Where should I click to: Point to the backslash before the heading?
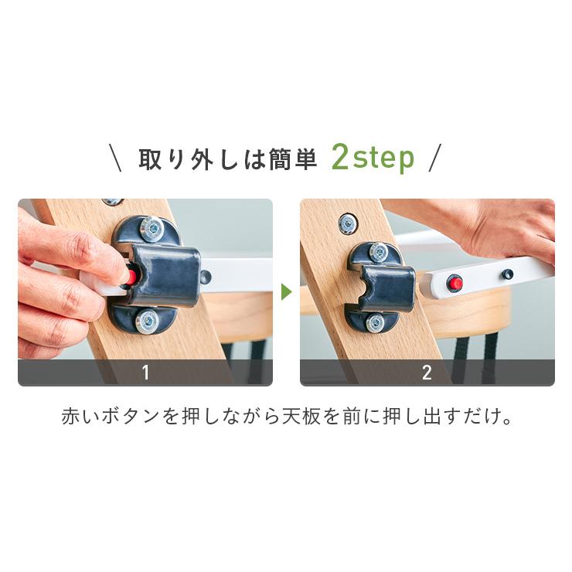pyautogui.click(x=118, y=158)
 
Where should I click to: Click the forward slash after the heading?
pyautogui.click(x=434, y=158)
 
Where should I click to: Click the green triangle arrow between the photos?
pyautogui.click(x=286, y=292)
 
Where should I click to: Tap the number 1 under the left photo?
pyautogui.click(x=145, y=373)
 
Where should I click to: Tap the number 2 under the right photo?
pyautogui.click(x=427, y=373)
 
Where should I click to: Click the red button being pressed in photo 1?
pyautogui.click(x=131, y=276)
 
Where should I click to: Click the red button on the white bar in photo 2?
pyautogui.click(x=455, y=283)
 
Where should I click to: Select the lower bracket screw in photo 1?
pyautogui.click(x=147, y=321)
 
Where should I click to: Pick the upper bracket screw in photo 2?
pyautogui.click(x=378, y=250)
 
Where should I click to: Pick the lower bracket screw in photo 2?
pyautogui.click(x=376, y=322)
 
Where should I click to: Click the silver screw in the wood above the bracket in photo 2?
pyautogui.click(x=349, y=223)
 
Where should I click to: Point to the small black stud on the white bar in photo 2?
pyautogui.click(x=507, y=274)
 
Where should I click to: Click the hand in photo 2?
pyautogui.click(x=510, y=228)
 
